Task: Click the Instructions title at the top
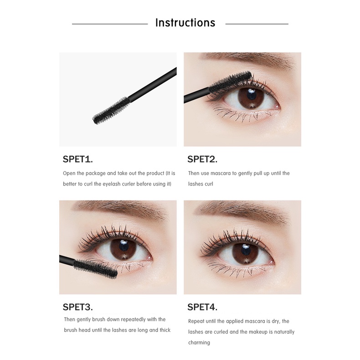185,23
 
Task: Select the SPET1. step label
77,159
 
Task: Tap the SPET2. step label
202,159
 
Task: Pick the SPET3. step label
77,307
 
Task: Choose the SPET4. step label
202,307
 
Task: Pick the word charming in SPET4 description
199,342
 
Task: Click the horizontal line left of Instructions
110,24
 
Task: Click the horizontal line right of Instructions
257,24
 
